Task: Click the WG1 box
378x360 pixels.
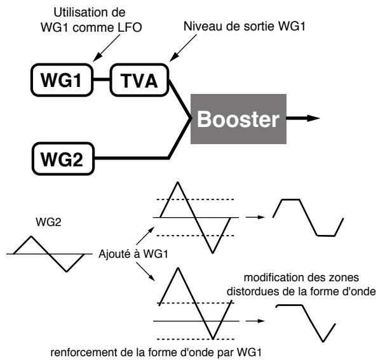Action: tap(62, 80)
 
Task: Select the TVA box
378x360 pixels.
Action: tap(139, 80)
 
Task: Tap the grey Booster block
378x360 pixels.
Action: tap(238, 119)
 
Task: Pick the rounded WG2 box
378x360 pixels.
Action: tap(63, 159)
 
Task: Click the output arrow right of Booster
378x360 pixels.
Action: tap(303, 118)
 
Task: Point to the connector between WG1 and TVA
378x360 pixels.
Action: tap(102, 79)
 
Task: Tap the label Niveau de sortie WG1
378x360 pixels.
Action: tap(245, 26)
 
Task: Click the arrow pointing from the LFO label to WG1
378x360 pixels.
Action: tap(106, 48)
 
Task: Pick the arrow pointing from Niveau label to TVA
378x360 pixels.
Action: tap(183, 48)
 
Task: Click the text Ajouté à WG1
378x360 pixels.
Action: tap(133, 254)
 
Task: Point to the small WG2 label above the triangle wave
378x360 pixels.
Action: tap(48, 222)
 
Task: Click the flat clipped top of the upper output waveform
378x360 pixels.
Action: tap(291, 199)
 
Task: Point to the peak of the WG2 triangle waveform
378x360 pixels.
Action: tap(31, 236)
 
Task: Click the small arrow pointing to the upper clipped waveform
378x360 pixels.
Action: tap(255, 217)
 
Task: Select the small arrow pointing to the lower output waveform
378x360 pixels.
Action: tap(255, 321)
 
